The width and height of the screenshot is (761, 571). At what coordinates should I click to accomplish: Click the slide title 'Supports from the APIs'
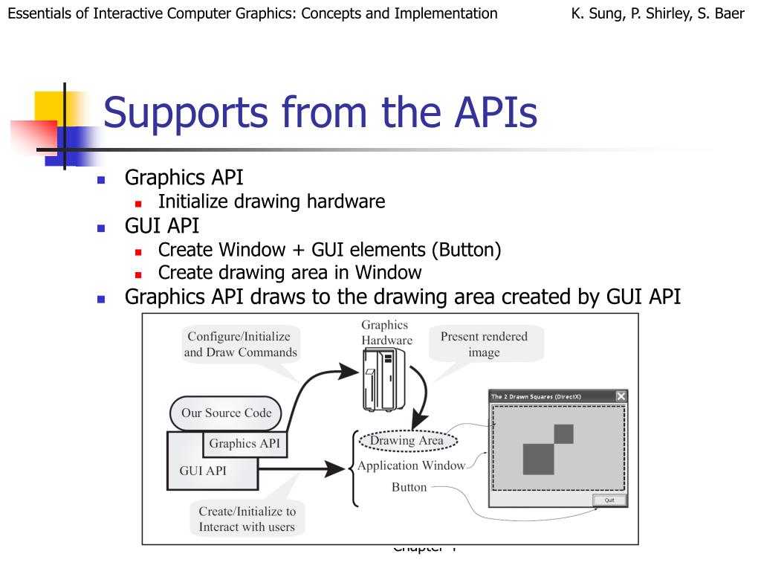pos(320,114)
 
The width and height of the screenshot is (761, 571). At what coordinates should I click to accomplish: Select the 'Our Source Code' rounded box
pos(226,413)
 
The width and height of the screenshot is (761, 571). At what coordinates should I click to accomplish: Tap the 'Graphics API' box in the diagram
pos(244,444)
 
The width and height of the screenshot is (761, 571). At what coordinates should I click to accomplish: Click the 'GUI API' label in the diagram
pos(203,471)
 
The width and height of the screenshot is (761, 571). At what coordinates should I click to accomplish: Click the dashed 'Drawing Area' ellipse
pos(407,441)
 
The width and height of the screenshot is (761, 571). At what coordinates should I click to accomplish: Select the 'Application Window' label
pos(411,466)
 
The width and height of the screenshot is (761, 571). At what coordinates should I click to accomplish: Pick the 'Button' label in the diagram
pos(409,488)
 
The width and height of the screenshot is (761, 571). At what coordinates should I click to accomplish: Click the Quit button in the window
pos(609,500)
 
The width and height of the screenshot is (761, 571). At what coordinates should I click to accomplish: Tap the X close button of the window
pos(621,396)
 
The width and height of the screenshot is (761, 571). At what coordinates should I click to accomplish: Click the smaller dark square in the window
pos(563,433)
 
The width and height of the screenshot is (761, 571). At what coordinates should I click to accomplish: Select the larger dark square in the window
pos(538,459)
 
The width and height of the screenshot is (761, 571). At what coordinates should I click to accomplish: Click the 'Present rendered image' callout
pos(484,344)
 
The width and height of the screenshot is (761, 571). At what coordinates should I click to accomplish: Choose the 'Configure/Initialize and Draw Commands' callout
pos(241,345)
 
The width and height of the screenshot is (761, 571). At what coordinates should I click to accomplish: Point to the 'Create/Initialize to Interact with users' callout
pos(247,519)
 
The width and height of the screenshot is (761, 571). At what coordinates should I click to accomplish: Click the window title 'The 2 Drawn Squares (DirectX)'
pos(536,397)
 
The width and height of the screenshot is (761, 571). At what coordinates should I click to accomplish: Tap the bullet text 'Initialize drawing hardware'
pos(271,201)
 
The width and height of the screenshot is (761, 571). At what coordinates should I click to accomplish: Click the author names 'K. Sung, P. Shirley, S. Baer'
pos(658,13)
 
